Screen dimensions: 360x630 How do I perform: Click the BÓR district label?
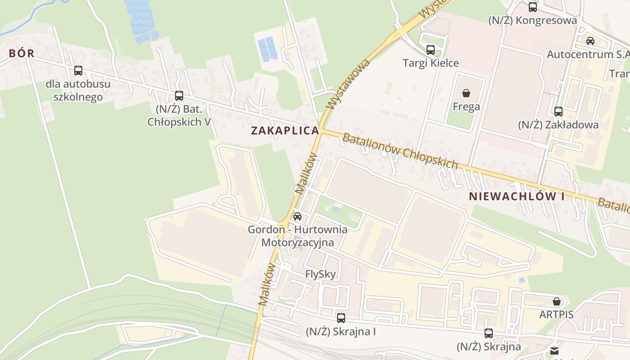[22, 53]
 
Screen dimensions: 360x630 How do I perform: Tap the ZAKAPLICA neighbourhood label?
[285, 130]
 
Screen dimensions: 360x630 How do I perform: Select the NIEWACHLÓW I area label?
[516, 196]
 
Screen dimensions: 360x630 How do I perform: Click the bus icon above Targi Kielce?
[431, 50]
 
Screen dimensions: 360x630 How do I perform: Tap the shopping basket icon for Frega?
[466, 93]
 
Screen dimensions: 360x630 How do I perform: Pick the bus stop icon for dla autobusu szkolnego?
[78, 71]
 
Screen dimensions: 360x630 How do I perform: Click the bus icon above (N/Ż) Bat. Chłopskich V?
[179, 96]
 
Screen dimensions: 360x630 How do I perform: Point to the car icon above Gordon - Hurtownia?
[297, 216]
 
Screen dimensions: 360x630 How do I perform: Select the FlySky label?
[320, 274]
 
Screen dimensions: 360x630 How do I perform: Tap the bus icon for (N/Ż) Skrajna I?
[341, 318]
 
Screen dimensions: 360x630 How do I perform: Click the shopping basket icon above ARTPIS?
[557, 301]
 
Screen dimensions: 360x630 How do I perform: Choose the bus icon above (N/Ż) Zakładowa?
[558, 112]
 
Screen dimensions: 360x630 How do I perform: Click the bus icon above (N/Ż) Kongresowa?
[533, 7]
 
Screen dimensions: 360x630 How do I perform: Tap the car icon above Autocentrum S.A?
[590, 41]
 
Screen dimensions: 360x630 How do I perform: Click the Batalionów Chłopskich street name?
[400, 151]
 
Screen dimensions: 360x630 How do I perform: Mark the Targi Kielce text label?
[431, 63]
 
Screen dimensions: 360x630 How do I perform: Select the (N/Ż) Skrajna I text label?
[341, 332]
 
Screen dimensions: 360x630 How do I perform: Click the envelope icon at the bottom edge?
[554, 351]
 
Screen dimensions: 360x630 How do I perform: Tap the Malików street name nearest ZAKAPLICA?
[306, 174]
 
